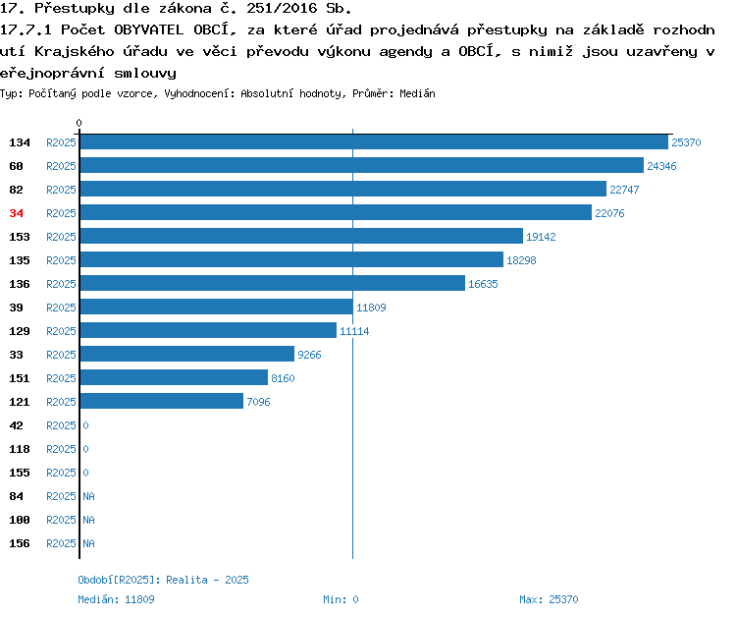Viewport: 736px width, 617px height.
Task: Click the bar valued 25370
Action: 374,141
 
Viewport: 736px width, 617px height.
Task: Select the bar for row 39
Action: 217,307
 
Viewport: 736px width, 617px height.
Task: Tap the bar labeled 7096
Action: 162,401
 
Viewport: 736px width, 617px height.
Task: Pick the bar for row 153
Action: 301,236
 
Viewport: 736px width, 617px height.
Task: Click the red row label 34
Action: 17,213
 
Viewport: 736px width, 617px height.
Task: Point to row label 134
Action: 20,142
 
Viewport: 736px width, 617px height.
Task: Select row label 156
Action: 20,543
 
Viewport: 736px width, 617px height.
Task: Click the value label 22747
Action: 624,190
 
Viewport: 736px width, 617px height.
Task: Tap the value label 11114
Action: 354,331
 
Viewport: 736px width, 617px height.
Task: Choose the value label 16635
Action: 483,284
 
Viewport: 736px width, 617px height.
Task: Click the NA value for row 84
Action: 88,496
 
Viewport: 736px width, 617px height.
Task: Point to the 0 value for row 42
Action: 86,425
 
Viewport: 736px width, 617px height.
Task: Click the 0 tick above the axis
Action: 79,123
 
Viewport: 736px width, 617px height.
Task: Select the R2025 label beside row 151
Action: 61,378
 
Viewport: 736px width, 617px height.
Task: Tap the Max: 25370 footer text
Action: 549,599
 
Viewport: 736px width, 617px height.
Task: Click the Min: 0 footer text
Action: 341,599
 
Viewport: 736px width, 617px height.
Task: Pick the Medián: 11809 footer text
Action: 116,599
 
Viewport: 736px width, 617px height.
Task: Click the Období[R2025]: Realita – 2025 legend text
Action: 163,580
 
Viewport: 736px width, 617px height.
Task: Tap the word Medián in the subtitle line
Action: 417,93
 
